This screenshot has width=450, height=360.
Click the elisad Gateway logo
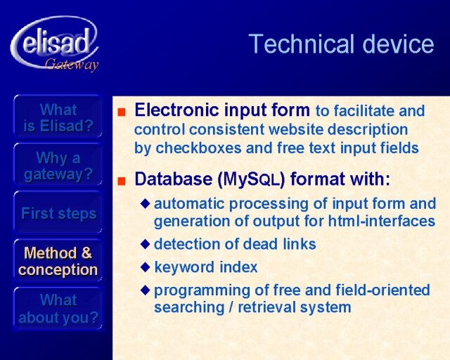coord(55,44)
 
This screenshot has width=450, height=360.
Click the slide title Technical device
coord(341,44)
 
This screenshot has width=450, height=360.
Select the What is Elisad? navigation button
coord(58,117)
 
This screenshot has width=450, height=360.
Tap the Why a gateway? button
coord(58,165)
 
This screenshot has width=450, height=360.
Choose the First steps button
coord(58,213)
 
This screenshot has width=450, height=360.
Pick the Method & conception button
coord(58,261)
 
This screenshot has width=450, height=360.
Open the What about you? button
coord(58,309)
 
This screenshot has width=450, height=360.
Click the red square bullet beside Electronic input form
coord(122,112)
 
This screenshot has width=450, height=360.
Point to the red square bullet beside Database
coord(122,181)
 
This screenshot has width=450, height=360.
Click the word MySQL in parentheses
coord(251,179)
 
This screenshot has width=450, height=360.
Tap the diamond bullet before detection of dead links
coord(146,244)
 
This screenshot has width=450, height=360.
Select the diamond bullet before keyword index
coord(146,267)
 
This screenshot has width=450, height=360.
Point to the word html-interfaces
coord(381,221)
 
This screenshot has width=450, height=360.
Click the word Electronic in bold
coord(176,110)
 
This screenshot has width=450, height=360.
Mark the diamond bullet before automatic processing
coord(146,203)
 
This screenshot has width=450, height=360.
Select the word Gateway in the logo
coord(72,65)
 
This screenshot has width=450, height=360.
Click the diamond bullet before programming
coord(146,290)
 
